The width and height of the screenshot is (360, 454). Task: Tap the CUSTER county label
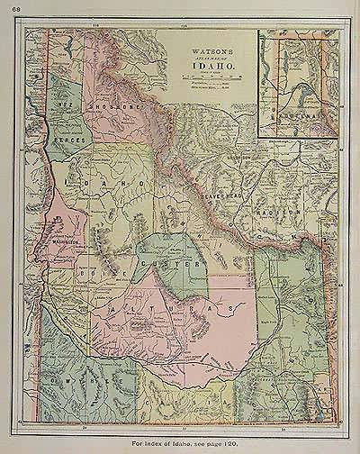click(180, 268)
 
